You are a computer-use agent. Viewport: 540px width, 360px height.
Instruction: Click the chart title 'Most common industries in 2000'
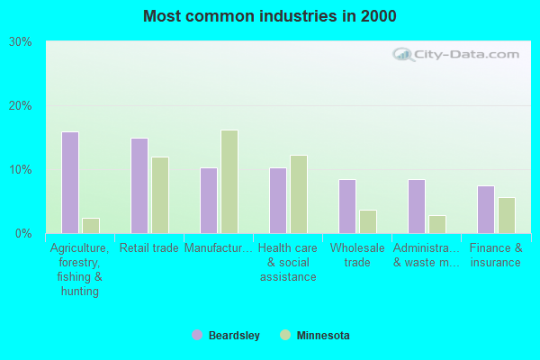(x=269, y=16)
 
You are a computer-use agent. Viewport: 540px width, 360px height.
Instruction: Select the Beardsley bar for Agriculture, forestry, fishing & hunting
(x=70, y=183)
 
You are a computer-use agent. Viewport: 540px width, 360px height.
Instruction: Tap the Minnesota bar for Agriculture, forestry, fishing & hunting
(x=91, y=225)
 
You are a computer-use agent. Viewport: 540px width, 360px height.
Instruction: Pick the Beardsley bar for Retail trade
(x=139, y=185)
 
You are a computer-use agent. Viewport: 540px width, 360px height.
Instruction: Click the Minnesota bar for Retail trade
(x=160, y=195)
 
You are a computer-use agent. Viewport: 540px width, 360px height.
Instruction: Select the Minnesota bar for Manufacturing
(x=229, y=182)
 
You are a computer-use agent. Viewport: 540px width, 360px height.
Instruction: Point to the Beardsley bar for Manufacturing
(x=209, y=201)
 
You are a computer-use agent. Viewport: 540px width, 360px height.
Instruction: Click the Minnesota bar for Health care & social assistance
(x=299, y=194)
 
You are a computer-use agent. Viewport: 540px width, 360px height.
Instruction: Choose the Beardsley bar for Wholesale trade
(x=347, y=206)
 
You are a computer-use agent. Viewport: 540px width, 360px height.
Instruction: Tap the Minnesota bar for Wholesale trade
(x=368, y=221)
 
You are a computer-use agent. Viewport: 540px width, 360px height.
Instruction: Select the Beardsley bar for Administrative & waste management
(x=417, y=206)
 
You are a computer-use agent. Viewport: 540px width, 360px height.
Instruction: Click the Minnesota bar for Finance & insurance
(x=507, y=215)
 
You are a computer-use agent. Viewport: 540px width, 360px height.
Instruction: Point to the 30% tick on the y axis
(x=20, y=42)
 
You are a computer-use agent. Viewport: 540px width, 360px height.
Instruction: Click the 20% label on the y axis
(x=20, y=106)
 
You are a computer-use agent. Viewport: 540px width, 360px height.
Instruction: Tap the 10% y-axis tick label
(x=20, y=170)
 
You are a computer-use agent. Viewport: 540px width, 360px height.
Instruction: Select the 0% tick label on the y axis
(x=23, y=234)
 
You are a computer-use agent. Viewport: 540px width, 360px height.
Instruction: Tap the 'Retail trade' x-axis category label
(x=149, y=248)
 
